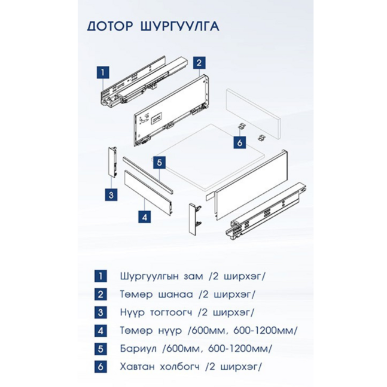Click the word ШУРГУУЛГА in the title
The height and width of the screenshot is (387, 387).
180,26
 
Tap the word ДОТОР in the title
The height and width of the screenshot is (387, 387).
110,26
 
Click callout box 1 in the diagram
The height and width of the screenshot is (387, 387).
103,72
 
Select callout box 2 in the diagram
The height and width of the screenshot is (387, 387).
199,63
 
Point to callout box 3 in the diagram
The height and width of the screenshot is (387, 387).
111,195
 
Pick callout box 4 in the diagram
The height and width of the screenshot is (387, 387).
145,217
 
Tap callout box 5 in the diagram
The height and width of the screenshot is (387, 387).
160,163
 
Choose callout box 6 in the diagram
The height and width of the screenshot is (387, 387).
240,142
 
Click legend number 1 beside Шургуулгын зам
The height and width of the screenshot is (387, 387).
100,276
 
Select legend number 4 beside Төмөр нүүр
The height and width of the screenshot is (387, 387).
100,331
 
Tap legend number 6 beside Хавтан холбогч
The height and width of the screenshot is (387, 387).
100,367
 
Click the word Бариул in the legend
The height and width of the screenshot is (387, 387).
138,349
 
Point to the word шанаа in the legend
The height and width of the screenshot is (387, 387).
176,294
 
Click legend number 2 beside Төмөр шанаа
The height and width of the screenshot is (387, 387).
100,294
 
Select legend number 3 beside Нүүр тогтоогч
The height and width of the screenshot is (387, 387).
100,312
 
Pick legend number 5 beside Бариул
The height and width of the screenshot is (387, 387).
100,349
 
